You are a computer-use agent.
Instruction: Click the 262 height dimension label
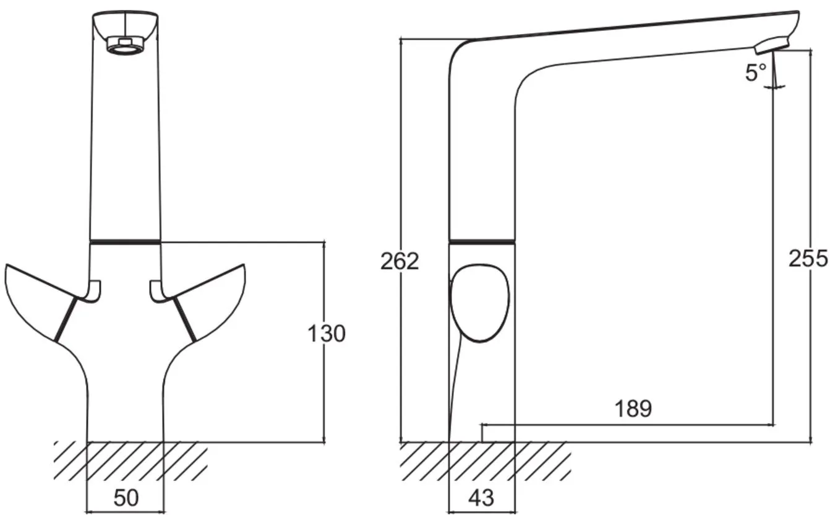pos(400,261)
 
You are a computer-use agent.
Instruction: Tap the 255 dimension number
pos(808,259)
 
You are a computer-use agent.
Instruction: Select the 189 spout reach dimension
pos(633,408)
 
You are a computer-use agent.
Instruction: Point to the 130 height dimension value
pos(327,334)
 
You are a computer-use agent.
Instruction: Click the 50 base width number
pos(126,497)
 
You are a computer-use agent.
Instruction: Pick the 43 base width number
pos(481,497)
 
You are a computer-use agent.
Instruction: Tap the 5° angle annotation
pos(756,72)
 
